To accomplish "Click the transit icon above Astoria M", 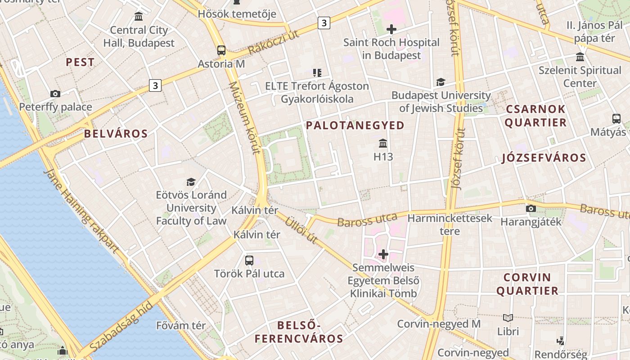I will pos(221,50).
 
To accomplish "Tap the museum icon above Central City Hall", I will pos(139,17).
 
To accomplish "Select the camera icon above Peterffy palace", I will pos(55,94).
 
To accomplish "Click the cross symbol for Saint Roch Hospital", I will pos(391,29).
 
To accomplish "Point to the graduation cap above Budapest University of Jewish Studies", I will pos(441,82).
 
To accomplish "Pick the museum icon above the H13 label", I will pos(383,144).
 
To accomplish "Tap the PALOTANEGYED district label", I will pos(355,126).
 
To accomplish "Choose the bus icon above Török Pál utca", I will pos(249,260).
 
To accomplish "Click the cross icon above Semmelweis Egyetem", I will pos(383,254).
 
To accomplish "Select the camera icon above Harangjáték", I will pos(531,208).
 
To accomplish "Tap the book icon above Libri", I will pos(508,318).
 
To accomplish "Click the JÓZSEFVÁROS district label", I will pos(544,157).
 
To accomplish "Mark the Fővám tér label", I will pos(180,325).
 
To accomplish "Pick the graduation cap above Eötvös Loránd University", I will pos(191,182).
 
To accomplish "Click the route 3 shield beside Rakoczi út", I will pos(324,22).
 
